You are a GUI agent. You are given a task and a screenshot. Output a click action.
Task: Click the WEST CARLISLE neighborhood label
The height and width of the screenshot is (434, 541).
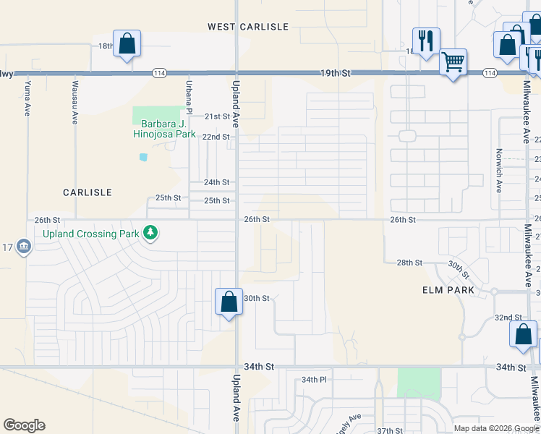(248, 27)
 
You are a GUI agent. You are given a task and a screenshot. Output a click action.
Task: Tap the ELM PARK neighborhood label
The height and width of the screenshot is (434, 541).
(448, 290)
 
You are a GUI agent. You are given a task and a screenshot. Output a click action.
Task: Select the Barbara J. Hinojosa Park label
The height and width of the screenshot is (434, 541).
(164, 129)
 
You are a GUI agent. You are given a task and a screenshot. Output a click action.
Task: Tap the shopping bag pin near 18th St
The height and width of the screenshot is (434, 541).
(127, 44)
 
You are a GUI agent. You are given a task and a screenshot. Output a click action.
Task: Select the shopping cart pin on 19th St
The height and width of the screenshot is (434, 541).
(453, 63)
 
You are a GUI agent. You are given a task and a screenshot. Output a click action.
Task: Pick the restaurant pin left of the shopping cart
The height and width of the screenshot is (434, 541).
(425, 41)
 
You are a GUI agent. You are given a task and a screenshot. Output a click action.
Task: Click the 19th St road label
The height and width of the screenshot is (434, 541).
(336, 73)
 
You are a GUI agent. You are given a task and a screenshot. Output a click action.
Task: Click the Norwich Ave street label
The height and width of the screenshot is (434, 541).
(498, 171)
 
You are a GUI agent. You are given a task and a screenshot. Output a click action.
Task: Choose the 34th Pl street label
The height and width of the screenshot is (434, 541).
(315, 380)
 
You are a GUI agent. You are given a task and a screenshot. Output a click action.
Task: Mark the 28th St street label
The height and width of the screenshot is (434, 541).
(409, 263)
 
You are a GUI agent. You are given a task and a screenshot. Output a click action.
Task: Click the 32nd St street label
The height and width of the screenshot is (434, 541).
(508, 318)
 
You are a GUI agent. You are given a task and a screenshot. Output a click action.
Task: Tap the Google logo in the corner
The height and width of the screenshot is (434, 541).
(24, 425)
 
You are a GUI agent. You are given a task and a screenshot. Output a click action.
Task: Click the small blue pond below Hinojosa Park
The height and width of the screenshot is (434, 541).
(143, 156)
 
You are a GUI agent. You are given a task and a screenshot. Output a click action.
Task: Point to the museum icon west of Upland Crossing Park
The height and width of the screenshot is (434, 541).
(24, 248)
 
